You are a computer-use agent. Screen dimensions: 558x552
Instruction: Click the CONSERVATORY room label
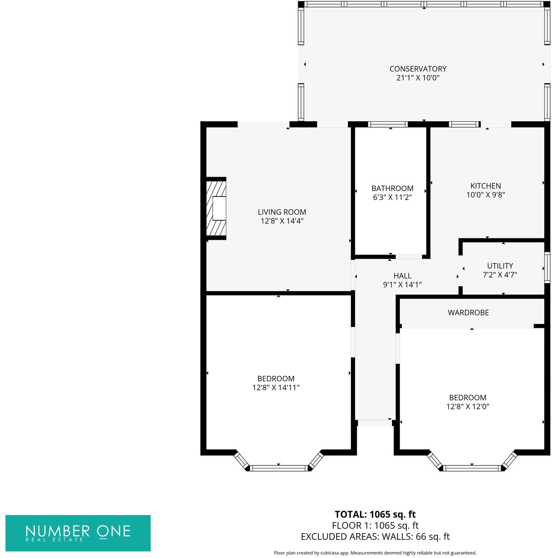point(418,69)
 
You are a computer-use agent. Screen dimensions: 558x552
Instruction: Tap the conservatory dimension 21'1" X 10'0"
point(418,78)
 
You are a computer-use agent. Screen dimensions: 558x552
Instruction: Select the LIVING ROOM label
point(282,212)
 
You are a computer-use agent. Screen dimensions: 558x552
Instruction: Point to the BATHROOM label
point(392,188)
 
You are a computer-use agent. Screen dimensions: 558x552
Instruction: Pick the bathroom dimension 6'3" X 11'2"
point(392,197)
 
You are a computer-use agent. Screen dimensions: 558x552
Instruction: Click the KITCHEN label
point(485,186)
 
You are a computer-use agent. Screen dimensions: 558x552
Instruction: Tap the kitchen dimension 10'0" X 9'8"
point(485,195)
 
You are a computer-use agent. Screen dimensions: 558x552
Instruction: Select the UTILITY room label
point(500,266)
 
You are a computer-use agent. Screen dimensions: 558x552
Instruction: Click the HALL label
point(402,276)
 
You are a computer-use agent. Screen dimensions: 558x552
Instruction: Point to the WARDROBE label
point(468,313)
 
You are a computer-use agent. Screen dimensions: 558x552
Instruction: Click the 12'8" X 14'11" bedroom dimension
point(276,387)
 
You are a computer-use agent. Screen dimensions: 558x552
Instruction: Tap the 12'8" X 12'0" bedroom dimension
point(468,406)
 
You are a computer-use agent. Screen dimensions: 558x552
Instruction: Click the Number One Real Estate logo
point(78,533)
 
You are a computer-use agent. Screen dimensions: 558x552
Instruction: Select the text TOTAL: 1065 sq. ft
point(375,515)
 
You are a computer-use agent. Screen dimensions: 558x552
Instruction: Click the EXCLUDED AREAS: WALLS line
point(375,537)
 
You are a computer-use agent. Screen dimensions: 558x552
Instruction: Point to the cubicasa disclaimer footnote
point(375,553)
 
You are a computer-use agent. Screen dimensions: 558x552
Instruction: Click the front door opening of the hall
point(375,423)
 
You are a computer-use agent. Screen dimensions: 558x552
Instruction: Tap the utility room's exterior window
point(547,267)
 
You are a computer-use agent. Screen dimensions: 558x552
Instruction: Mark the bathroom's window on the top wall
point(388,124)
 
